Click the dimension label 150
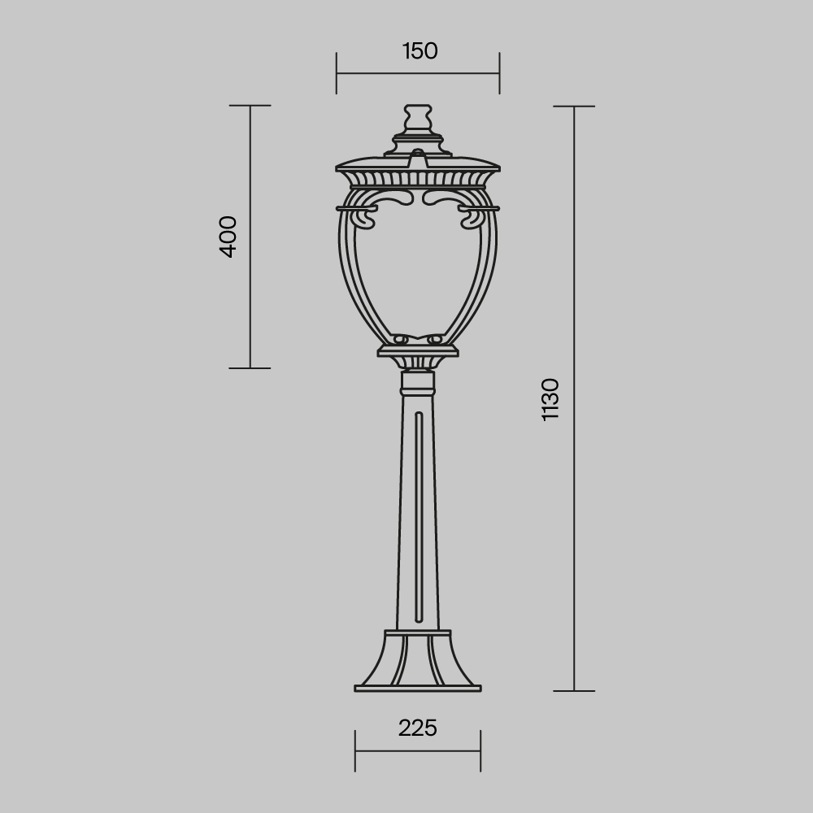[420, 51]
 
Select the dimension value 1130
[550, 398]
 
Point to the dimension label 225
[418, 728]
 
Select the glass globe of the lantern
[418, 268]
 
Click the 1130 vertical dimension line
[575, 528]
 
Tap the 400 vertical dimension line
[250, 309]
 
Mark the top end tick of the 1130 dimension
[575, 107]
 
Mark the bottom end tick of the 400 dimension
[250, 367]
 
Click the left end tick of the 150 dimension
[337, 73]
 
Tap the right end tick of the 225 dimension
[480, 751]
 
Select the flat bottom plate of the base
[418, 689]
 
